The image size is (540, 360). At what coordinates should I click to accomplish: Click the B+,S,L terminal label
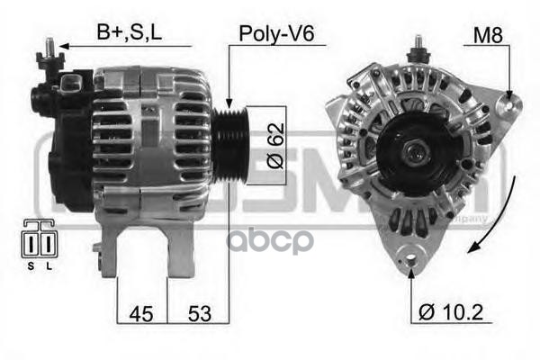coord(131,34)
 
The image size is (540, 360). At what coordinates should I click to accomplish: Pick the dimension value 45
coord(142,314)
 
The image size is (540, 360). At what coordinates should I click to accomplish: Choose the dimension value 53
coord(201,314)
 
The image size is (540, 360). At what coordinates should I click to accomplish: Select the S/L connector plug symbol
coord(37,242)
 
